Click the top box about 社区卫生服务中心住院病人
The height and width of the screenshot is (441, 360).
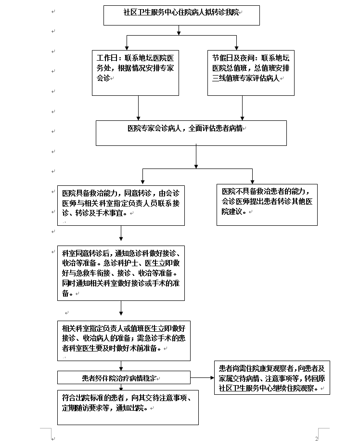click(x=181, y=15)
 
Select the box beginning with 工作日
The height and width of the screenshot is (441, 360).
click(x=135, y=73)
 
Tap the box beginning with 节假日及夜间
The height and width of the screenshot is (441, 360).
click(x=251, y=73)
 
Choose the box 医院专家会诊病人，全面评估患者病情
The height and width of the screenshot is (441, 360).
click(x=191, y=133)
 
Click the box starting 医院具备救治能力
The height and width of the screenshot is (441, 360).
click(x=121, y=205)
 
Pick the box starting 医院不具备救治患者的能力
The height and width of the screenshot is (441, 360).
click(x=267, y=205)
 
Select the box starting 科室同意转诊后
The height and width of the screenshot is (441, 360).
click(x=121, y=273)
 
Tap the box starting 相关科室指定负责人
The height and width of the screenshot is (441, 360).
click(x=124, y=340)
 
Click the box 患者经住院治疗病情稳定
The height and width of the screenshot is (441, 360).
click(x=124, y=377)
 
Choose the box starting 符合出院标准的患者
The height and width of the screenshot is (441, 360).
click(x=128, y=407)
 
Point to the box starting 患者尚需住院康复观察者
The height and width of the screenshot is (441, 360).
click(x=272, y=378)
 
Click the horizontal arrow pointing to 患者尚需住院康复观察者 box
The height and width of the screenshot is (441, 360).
click(x=202, y=378)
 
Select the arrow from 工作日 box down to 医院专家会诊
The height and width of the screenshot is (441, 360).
click(x=139, y=108)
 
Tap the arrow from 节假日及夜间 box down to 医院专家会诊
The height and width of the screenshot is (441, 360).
click(x=243, y=108)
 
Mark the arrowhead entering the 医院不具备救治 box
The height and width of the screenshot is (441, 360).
click(x=252, y=182)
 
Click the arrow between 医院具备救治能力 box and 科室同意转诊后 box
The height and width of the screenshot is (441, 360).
click(x=121, y=233)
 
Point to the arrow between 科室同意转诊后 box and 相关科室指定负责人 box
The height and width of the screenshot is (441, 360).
click(x=121, y=308)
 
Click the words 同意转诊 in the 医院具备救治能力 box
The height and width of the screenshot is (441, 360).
click(x=138, y=193)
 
